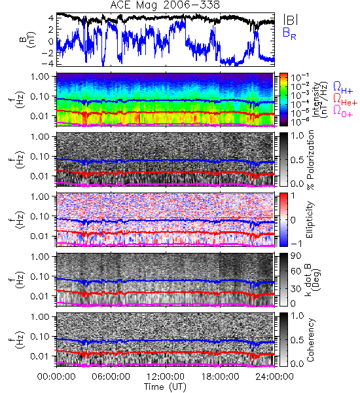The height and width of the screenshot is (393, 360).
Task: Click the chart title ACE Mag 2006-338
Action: (x=165, y=5)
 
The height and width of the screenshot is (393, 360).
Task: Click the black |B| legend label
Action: (x=291, y=20)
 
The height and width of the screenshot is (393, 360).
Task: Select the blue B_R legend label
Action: (x=289, y=33)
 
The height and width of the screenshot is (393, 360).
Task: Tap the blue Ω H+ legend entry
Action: (x=343, y=88)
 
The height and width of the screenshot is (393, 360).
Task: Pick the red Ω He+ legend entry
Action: (x=345, y=100)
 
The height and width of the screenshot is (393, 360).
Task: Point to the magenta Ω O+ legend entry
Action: (x=343, y=111)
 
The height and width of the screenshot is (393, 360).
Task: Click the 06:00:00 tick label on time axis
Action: (x=111, y=377)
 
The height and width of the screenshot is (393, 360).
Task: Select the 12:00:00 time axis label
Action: (x=166, y=377)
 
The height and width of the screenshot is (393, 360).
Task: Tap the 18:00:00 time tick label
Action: (x=220, y=377)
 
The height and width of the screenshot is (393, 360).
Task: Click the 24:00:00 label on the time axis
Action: (x=274, y=377)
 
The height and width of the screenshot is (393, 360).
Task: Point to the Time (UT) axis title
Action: (x=166, y=387)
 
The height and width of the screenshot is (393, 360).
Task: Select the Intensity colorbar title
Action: (x=321, y=100)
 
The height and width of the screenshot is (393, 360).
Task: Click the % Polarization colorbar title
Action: (x=311, y=160)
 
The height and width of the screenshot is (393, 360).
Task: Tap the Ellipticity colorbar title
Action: (x=310, y=219)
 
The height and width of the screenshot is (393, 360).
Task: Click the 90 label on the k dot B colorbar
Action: (x=296, y=256)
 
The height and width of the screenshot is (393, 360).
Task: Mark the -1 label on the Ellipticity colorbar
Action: (x=296, y=244)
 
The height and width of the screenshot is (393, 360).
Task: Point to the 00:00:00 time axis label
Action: (x=56, y=377)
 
